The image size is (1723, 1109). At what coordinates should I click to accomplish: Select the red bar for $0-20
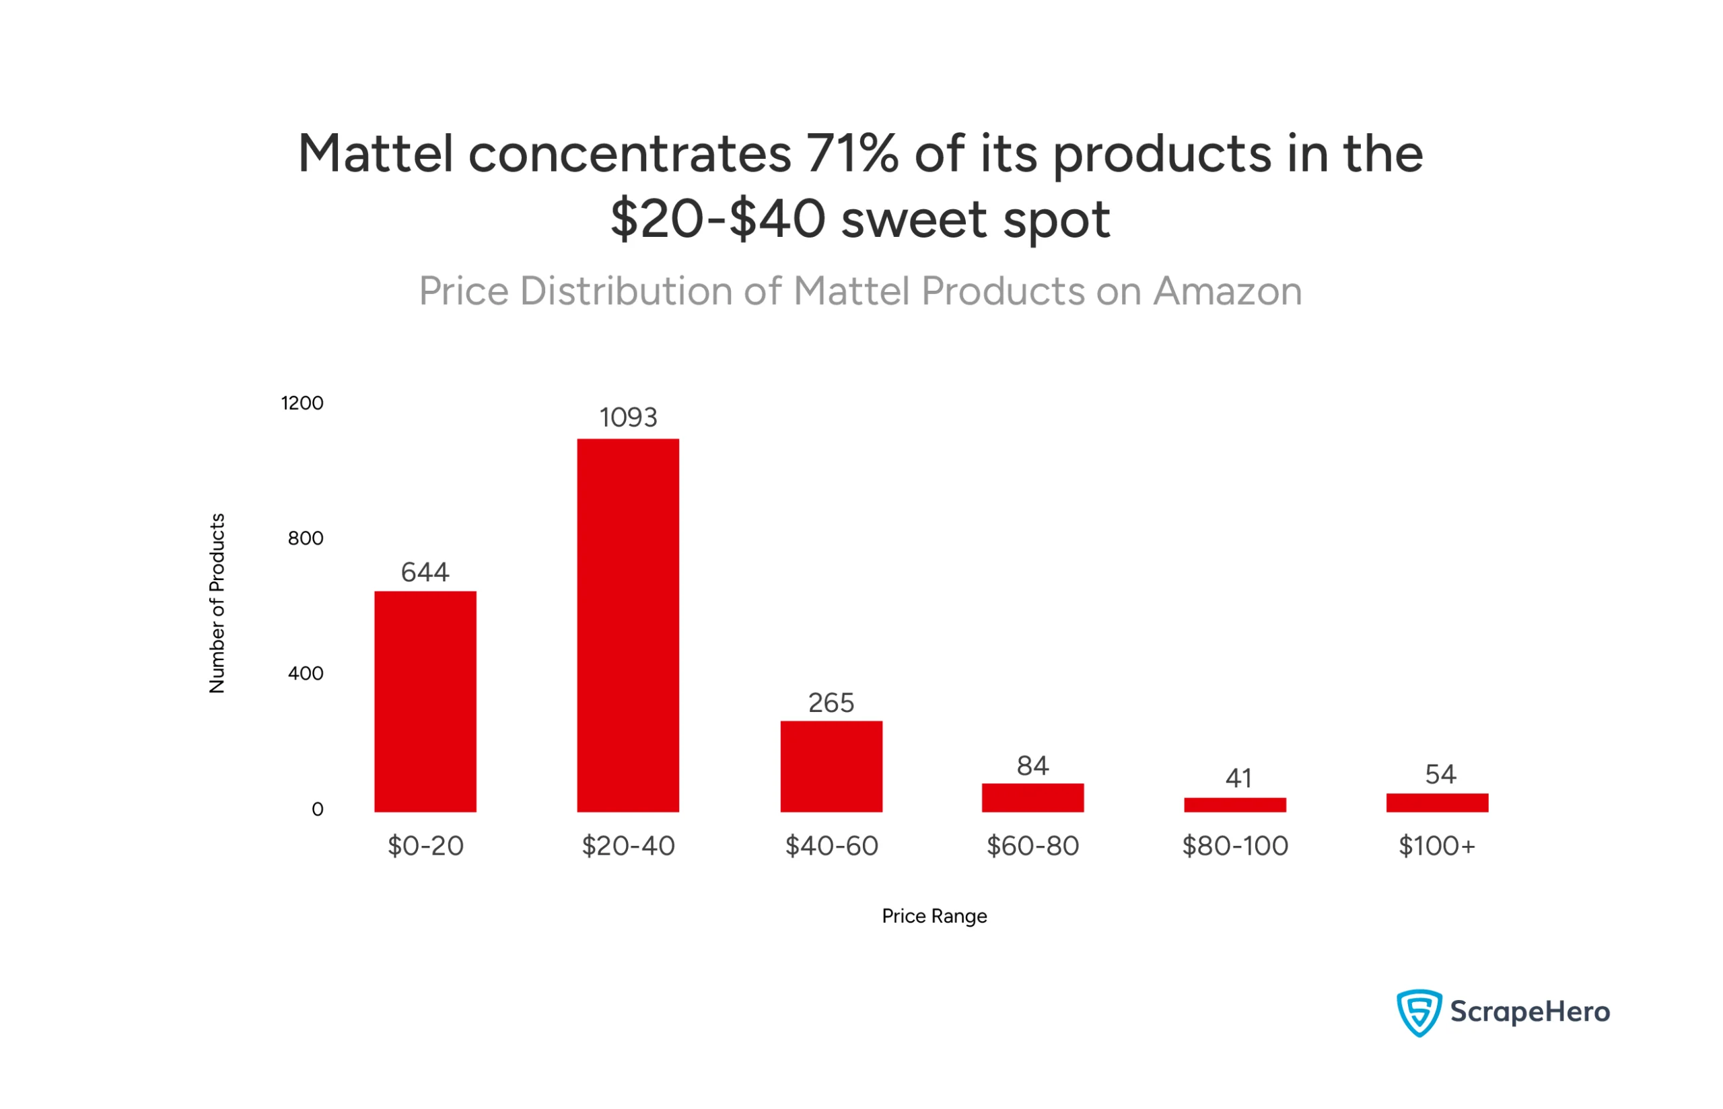pos(425,701)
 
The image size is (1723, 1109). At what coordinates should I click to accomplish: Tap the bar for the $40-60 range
pos(831,766)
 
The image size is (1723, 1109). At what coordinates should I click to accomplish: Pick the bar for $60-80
pos(1032,798)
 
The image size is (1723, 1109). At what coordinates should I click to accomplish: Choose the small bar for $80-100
pos(1235,805)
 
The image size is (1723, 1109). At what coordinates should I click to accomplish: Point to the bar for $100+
pos(1437,803)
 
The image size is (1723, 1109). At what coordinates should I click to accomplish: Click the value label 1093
pos(628,418)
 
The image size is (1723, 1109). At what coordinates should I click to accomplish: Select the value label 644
pos(425,573)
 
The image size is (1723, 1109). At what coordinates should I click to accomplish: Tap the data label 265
pos(831,703)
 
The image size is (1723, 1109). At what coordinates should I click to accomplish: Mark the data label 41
pos(1238,779)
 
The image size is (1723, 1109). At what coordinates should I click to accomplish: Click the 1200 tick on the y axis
pos(302,403)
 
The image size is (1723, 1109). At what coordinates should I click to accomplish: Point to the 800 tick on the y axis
pos(306,538)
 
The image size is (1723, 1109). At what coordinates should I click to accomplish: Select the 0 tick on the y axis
pos(317,810)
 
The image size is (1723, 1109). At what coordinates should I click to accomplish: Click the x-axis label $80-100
pos(1235,846)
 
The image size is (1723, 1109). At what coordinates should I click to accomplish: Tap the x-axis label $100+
pos(1436,846)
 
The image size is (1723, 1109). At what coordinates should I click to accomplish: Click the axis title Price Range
pos(934,916)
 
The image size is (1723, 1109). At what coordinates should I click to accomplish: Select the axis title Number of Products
pos(217,604)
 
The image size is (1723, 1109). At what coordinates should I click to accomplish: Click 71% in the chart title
pos(852,154)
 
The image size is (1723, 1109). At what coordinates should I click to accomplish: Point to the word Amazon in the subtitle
pos(1227,291)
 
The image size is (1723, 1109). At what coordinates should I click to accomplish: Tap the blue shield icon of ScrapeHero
pos(1418,1013)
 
